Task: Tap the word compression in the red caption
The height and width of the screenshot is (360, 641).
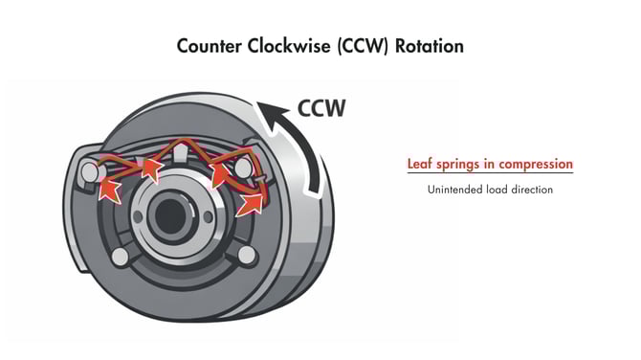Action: point(535,165)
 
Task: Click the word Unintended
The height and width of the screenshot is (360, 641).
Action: point(458,190)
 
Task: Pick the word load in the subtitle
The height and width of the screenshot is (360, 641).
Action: point(502,190)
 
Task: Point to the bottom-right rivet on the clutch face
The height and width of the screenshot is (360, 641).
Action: point(247,254)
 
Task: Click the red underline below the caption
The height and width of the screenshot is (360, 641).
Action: point(489,174)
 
